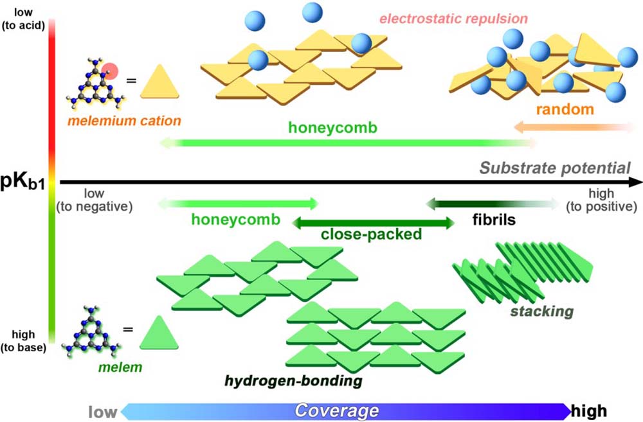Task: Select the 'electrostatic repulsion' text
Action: (x=453, y=17)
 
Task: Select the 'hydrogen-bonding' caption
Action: (x=293, y=381)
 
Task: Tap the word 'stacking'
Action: (x=542, y=312)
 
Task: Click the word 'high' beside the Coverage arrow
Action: (x=589, y=410)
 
